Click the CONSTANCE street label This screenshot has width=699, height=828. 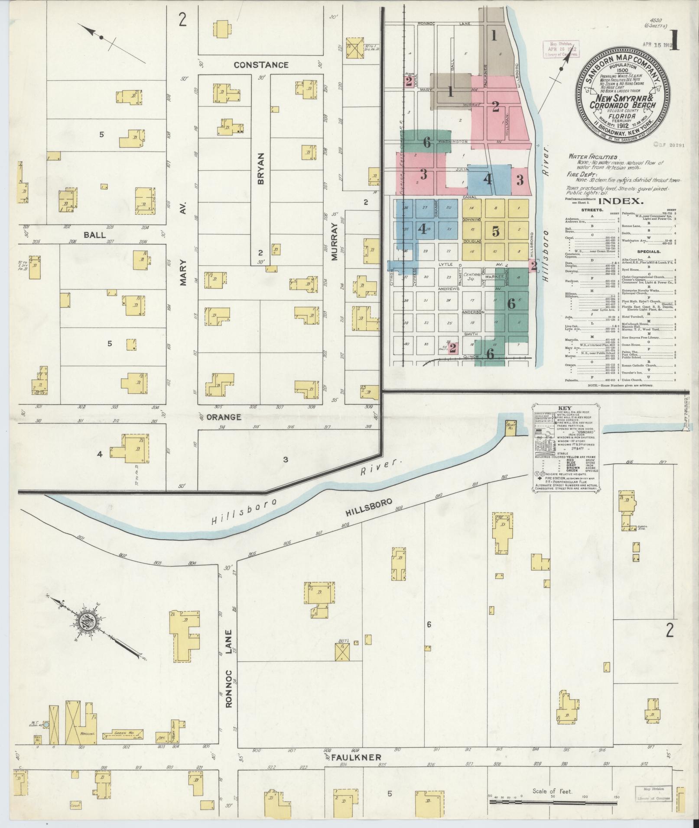[261, 65]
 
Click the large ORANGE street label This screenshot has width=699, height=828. [223, 417]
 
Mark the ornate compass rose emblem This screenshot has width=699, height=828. [87, 622]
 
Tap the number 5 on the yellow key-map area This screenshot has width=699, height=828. [496, 232]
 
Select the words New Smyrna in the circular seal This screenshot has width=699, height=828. [617, 98]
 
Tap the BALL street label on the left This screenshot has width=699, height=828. [94, 235]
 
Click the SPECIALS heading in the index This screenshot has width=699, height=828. [648, 251]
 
